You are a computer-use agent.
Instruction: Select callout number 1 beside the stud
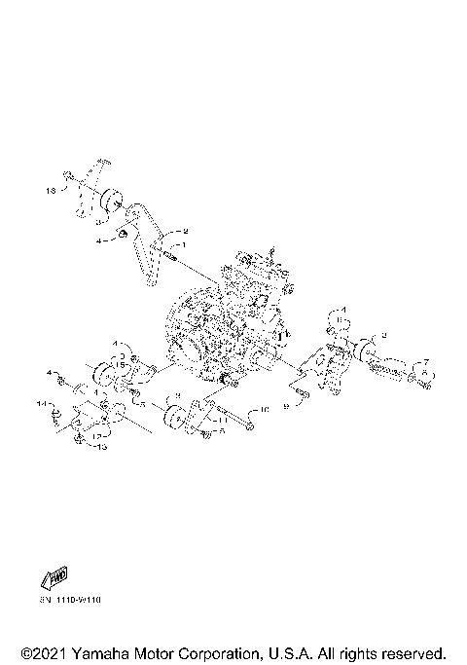180,244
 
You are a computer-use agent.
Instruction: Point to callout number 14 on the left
41,402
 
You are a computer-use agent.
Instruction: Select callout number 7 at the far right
425,361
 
